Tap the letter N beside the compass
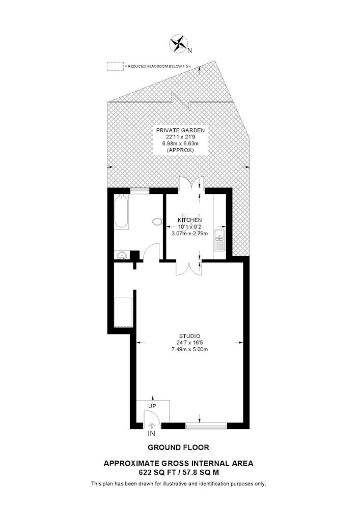(190, 50)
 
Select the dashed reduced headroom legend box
(115, 66)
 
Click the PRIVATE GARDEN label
(180, 130)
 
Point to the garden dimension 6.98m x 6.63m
(180, 144)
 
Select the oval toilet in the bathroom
(157, 222)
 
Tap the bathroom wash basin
(122, 255)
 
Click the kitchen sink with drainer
(220, 240)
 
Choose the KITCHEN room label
(189, 220)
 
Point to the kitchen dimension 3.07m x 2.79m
(189, 233)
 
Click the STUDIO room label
(189, 336)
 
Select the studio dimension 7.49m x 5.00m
(189, 349)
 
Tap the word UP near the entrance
(152, 406)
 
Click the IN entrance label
(152, 434)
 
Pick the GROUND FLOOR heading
(179, 447)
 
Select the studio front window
(206, 426)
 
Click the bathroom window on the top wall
(140, 190)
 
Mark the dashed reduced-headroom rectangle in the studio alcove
(123, 312)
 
